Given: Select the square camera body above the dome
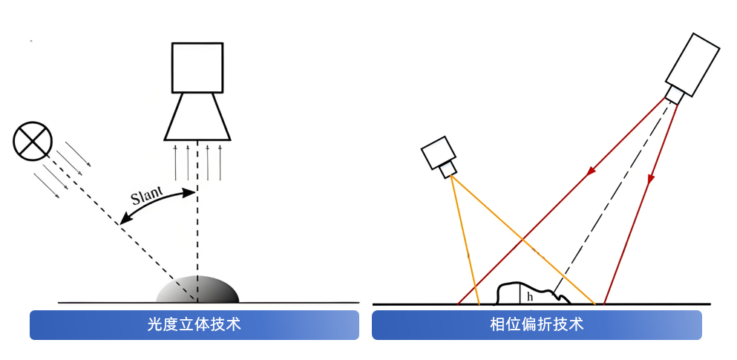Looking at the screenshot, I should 197,68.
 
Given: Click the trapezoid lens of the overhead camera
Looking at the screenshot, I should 197,117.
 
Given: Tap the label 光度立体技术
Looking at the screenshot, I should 194,325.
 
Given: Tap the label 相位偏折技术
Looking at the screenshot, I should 537,325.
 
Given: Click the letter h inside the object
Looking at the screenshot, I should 529,296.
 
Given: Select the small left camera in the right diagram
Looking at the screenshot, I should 437,154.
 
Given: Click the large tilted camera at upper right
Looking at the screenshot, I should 692,65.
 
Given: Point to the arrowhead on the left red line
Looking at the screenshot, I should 592,172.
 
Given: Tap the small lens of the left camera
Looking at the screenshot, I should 448,171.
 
